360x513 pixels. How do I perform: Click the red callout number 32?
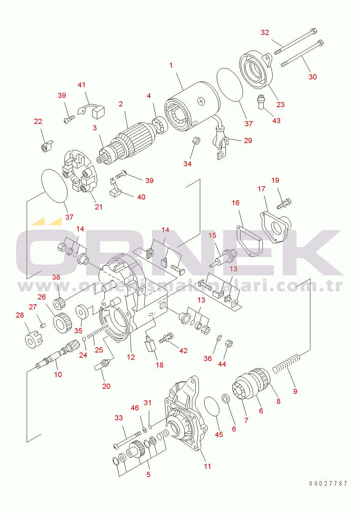click(x=265, y=33)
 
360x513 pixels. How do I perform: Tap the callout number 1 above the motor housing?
click(x=171, y=65)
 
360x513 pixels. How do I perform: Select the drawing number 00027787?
click(x=328, y=483)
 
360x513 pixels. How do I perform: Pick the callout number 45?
click(x=219, y=434)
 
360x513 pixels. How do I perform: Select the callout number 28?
click(x=20, y=315)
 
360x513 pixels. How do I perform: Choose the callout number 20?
click(x=106, y=386)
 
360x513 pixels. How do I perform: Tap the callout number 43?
click(x=277, y=121)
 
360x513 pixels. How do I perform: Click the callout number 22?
click(x=38, y=121)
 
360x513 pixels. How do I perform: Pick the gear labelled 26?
click(x=62, y=323)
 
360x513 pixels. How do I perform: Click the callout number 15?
click(x=212, y=235)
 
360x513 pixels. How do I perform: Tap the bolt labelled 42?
click(x=166, y=338)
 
